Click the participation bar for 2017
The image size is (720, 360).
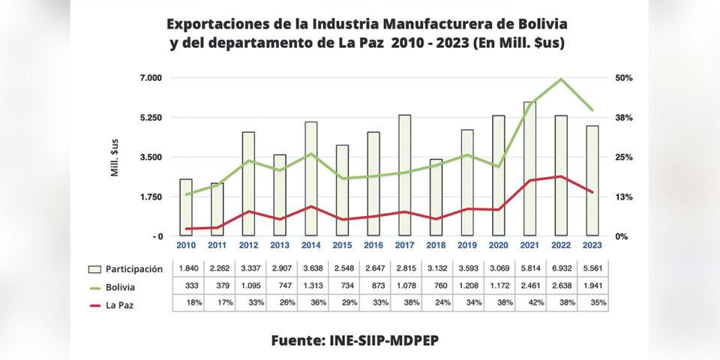tap(404, 175)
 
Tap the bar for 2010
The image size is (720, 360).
tap(186, 208)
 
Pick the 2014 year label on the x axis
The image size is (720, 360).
tap(310, 244)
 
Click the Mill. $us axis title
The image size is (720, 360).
tap(115, 157)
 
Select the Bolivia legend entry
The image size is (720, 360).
tap(121, 286)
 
